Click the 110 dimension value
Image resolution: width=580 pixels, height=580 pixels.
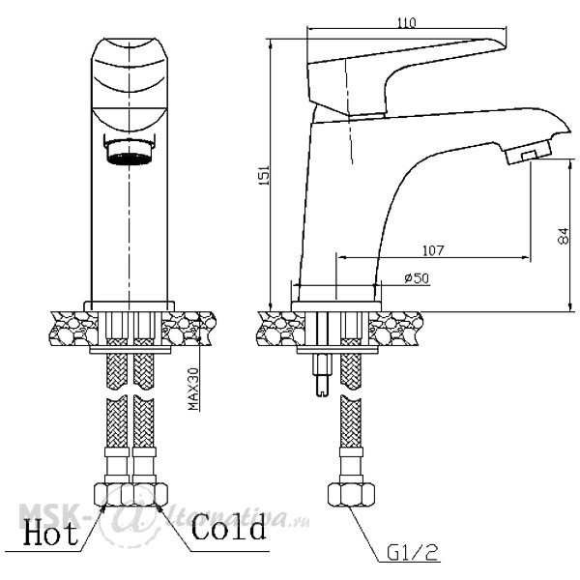(407, 23)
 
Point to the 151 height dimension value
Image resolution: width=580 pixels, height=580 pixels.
(265, 175)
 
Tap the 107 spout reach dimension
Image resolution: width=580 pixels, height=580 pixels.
(433, 250)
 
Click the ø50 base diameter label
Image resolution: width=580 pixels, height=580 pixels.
(417, 277)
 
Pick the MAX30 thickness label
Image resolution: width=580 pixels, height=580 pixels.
(193, 389)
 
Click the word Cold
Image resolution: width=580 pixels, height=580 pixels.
(228, 527)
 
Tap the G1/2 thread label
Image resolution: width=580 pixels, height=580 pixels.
(412, 553)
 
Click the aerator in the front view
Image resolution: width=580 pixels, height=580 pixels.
(130, 151)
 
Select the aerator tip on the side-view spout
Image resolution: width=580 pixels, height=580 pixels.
(528, 152)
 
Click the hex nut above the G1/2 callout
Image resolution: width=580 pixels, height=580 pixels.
(351, 494)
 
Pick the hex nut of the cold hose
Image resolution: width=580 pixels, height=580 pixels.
(150, 494)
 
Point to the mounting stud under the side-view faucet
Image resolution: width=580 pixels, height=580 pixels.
(323, 374)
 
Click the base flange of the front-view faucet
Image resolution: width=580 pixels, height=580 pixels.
(130, 306)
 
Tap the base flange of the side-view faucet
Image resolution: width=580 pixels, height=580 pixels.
(336, 306)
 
